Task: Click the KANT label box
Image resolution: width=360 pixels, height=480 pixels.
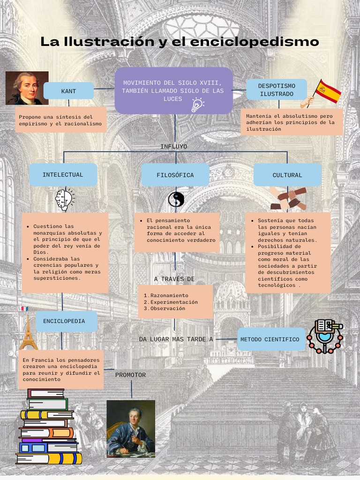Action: pos(68,91)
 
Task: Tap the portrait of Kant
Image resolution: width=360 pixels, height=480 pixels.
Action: pos(27,88)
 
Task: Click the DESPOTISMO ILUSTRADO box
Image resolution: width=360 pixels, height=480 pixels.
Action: pos(277,90)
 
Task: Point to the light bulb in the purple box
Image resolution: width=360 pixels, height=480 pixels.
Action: pos(197,105)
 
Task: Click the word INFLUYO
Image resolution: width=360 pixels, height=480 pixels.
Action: pos(173,147)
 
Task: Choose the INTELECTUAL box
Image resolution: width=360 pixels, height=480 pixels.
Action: pos(63,175)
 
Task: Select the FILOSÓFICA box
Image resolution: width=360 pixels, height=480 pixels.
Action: pos(175,175)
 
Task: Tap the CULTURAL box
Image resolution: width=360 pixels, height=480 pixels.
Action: pos(287,175)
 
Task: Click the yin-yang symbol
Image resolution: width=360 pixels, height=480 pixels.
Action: pos(176,200)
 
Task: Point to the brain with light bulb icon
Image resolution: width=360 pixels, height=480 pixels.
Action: pos(65,199)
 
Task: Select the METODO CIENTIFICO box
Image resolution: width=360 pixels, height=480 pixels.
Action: pos(271,339)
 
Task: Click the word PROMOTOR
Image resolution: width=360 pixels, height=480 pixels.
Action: pos(130,375)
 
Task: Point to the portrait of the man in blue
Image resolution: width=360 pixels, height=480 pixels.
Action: pos(131,428)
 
